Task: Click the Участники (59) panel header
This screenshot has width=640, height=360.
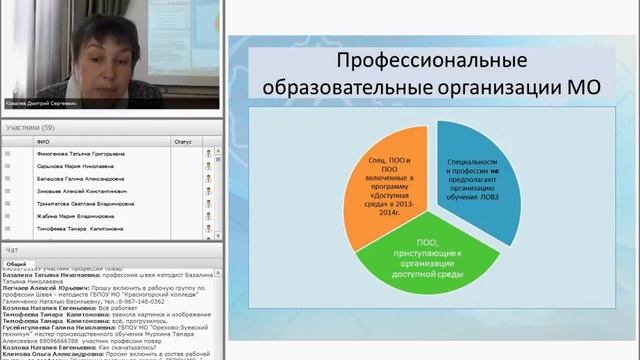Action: click(30, 129)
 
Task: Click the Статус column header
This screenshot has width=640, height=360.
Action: click(182, 142)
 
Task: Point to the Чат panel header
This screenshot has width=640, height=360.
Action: click(12, 249)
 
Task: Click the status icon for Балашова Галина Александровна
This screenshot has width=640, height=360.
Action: click(209, 176)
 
